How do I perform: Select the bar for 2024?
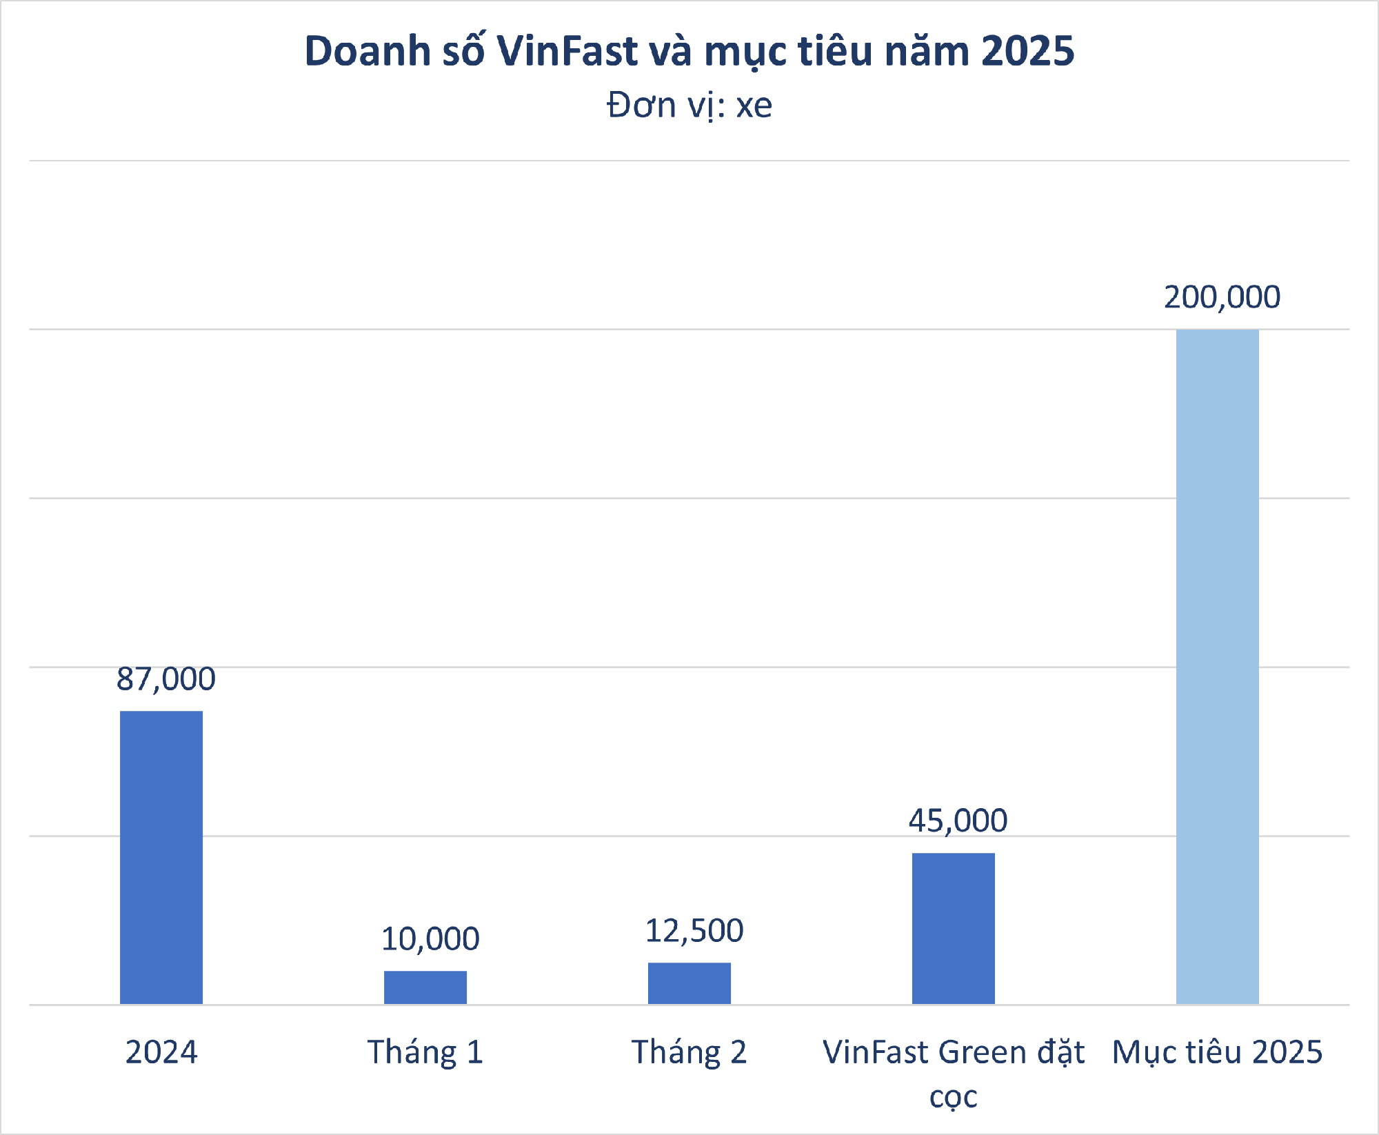click(x=161, y=857)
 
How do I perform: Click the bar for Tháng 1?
click(x=425, y=987)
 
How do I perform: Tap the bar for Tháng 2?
click(x=689, y=983)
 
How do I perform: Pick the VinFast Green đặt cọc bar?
click(x=953, y=928)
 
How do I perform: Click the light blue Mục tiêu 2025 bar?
click(x=1217, y=666)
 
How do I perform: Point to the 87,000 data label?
click(x=165, y=679)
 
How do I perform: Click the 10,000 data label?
click(x=430, y=939)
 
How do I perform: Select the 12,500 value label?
click(x=694, y=931)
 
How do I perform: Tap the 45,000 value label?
click(x=958, y=821)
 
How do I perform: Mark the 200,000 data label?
click(x=1222, y=297)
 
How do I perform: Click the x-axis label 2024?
click(x=161, y=1052)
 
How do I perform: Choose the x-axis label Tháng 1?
click(x=425, y=1052)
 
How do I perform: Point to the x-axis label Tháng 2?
click(x=689, y=1052)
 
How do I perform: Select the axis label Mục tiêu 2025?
click(x=1217, y=1052)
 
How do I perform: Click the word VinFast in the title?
click(x=567, y=51)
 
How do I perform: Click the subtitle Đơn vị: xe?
click(x=689, y=106)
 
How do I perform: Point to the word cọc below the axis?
click(x=953, y=1096)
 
